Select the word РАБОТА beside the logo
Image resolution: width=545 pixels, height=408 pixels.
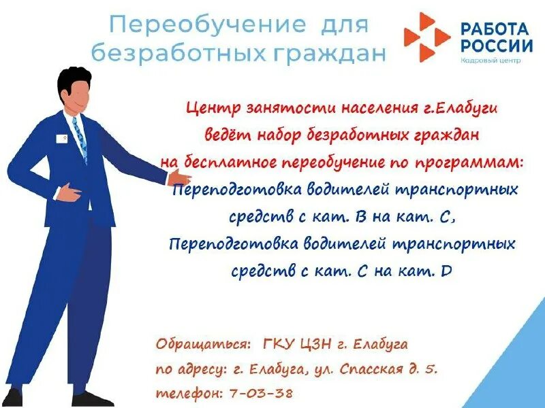pyautogui.click(x=495, y=29)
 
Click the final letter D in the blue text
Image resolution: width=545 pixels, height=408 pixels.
pyautogui.click(x=446, y=271)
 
